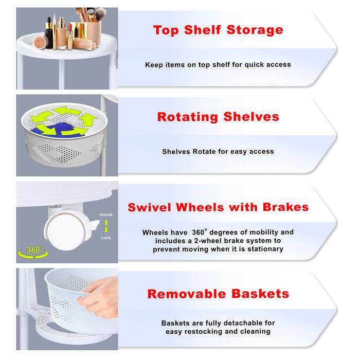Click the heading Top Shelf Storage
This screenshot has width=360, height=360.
pyautogui.click(x=218, y=30)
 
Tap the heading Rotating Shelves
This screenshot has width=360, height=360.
pyautogui.click(x=218, y=117)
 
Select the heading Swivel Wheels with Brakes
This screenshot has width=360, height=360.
pyautogui.click(x=218, y=207)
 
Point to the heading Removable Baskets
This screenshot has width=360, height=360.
pyautogui.click(x=218, y=294)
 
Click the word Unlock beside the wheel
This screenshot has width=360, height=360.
pyautogui.click(x=105, y=214)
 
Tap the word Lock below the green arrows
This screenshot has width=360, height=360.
pyautogui.click(x=105, y=238)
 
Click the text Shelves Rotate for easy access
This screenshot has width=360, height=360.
pyautogui.click(x=218, y=152)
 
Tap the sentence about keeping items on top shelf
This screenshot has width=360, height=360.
pyautogui.click(x=218, y=65)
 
